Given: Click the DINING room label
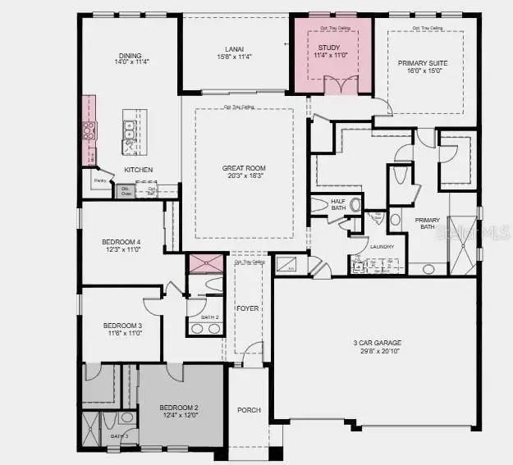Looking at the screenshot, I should (129, 56).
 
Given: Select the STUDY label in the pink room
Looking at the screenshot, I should (328, 48).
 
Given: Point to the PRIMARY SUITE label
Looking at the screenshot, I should (421, 63).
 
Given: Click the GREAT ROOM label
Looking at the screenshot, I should (244, 168).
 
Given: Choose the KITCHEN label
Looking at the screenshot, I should (139, 170).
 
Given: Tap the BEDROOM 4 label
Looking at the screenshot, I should (121, 241).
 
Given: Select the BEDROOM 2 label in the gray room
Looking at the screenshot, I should (179, 408).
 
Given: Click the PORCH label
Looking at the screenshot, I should (248, 410).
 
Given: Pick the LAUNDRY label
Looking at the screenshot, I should (381, 247).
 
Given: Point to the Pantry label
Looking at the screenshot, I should (101, 180).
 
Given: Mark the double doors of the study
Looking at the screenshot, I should (341, 84).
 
